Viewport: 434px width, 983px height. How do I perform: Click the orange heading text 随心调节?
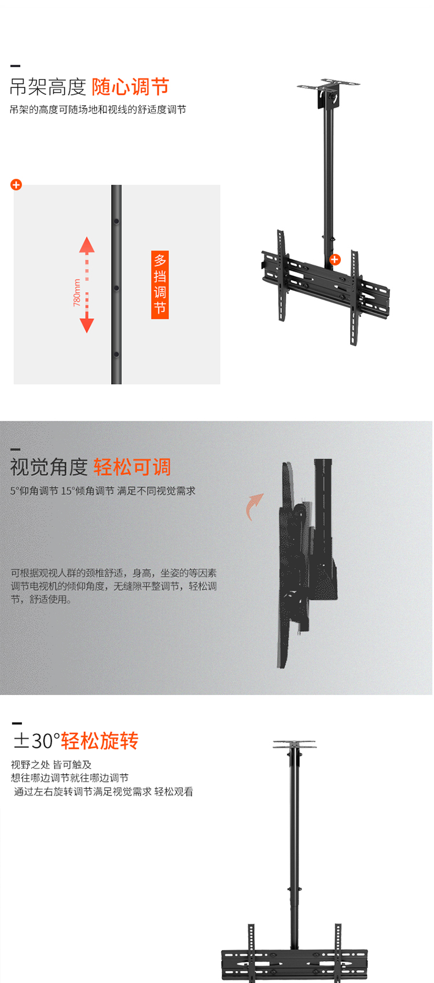coord(130,86)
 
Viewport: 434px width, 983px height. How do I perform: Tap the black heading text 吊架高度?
coord(48,87)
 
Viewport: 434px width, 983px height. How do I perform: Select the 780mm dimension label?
coord(77,293)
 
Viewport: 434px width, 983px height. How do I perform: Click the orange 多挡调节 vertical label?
coord(160,284)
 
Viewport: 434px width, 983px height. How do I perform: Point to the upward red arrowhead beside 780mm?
coord(87,244)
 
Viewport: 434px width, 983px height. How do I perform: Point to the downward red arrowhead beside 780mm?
coord(87,325)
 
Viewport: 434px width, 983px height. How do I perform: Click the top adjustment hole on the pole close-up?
coord(116,222)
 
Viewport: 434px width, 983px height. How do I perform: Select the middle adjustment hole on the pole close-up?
coord(116,288)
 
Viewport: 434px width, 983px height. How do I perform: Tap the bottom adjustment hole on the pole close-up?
coord(116,354)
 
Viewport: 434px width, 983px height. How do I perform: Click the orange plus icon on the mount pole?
coord(335,259)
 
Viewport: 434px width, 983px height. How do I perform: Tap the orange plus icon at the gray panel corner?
coord(16,185)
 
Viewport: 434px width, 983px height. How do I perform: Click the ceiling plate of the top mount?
coord(328,84)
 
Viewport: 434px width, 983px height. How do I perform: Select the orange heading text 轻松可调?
coord(132,467)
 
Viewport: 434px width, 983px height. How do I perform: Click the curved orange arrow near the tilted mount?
coord(253,506)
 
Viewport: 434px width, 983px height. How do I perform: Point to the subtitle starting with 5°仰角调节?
coord(102,491)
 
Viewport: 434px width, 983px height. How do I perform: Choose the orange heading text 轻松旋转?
coord(100,741)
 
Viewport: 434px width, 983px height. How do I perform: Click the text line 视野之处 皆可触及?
coord(52,765)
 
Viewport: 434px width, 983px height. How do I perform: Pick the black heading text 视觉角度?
coord(49,467)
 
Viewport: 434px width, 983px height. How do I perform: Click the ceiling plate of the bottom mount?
coord(295,744)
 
